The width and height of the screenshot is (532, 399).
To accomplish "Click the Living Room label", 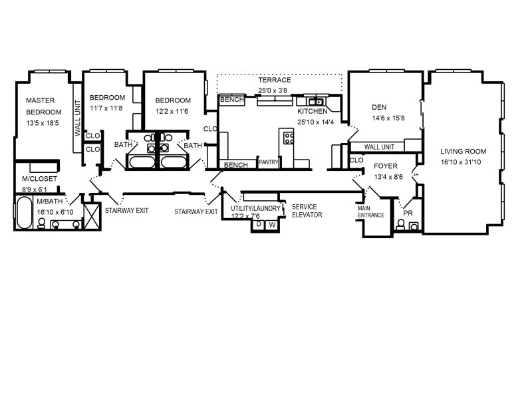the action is tap(463, 152).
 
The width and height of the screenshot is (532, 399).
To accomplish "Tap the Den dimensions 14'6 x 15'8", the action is tap(388, 118).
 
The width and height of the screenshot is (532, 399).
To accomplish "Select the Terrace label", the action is tap(275, 80).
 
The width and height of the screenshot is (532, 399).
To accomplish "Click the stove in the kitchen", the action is tap(289, 138).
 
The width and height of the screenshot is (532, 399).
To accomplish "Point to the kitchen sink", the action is tap(315, 102).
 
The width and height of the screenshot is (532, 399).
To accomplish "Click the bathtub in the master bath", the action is tap(23, 212).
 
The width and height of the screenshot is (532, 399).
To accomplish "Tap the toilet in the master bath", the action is tap(42, 223).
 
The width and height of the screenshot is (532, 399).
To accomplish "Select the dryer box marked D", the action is tap(259, 225).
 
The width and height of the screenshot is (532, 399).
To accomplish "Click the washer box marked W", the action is tap(272, 225).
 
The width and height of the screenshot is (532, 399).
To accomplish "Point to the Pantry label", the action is tap(269, 162).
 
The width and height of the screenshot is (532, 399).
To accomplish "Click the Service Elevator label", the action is tap(307, 211).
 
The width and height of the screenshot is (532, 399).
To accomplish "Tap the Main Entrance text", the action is tap(371, 211).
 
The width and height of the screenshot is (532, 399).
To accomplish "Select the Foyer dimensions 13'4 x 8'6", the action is tap(388, 177).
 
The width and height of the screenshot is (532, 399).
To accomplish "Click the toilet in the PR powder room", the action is tap(401, 225).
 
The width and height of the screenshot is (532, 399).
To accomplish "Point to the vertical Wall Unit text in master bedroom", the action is tap(78, 118).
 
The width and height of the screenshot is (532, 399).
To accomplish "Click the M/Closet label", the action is tap(39, 179).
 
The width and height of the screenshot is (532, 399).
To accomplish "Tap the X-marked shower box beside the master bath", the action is tap(92, 215).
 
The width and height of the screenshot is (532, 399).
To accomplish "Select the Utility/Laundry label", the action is tap(255, 208).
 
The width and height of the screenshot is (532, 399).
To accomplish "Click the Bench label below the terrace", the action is tap(232, 100).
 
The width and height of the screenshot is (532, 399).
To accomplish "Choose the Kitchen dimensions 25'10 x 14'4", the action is tap(315, 122).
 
